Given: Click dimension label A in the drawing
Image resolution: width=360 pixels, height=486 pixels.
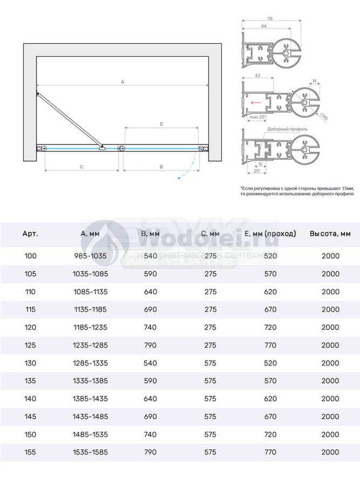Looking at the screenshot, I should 123,82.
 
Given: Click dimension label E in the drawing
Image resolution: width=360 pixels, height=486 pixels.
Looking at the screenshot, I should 161,124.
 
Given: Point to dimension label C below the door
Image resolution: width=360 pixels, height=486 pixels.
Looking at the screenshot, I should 80,167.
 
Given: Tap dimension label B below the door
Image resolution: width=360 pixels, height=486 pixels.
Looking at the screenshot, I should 161,167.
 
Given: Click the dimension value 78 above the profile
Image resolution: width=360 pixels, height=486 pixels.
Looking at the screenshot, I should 270,18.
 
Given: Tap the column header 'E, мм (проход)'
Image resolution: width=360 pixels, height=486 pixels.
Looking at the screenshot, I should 270,234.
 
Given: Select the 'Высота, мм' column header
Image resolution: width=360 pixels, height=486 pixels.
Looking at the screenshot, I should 330,234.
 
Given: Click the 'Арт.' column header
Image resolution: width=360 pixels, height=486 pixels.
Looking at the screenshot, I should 30,234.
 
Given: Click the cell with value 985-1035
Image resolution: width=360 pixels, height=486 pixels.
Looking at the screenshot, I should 90,256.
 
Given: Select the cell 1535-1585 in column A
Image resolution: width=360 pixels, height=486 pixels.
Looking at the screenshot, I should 90,452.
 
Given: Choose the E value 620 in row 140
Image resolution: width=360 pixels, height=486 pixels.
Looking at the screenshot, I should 270,398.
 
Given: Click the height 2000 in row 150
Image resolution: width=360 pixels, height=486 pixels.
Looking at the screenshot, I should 330,434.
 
